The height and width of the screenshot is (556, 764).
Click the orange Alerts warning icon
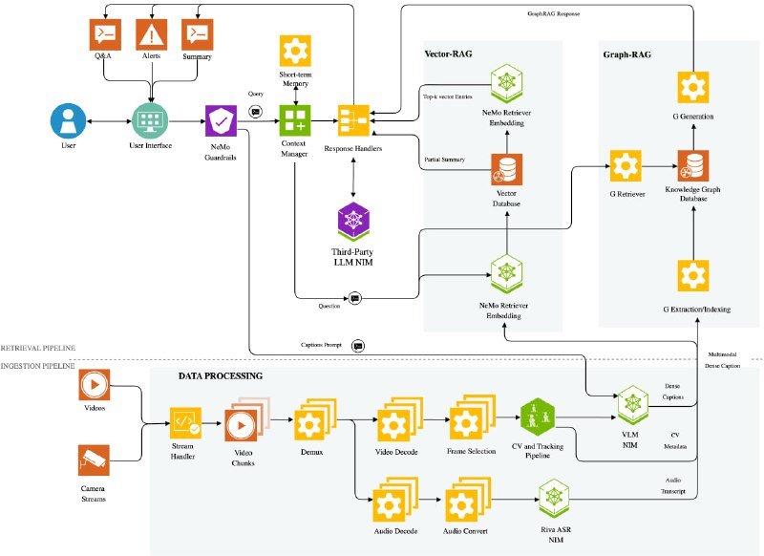pyautogui.click(x=150, y=35)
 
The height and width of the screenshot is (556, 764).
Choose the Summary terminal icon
pyautogui.click(x=198, y=35)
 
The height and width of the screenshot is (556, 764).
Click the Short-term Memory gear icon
pyautogui.click(x=294, y=50)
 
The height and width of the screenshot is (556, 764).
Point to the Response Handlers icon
pyautogui.click(x=352, y=121)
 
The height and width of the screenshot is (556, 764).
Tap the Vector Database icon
pyautogui.click(x=503, y=169)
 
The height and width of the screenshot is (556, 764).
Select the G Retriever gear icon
pyautogui.click(x=625, y=165)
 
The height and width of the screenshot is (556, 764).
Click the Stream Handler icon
pyautogui.click(x=184, y=421)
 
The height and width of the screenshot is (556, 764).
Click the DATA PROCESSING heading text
pyautogui.click(x=221, y=376)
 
